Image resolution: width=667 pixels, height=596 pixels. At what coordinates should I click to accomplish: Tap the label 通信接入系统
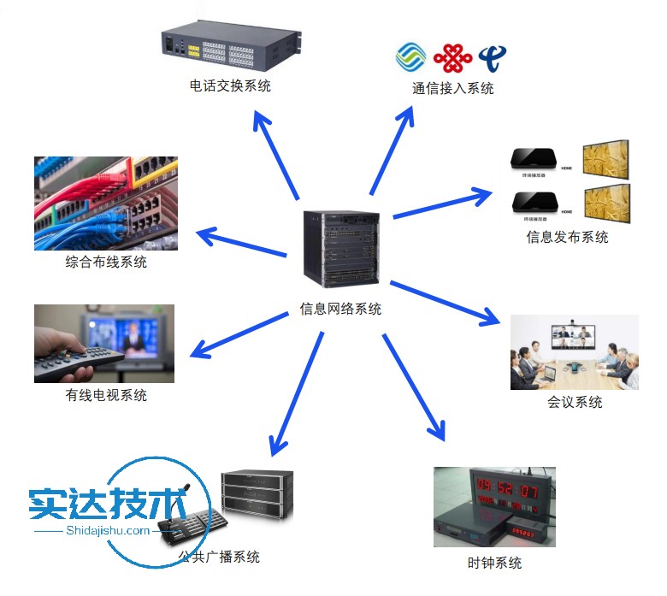[x=452, y=88]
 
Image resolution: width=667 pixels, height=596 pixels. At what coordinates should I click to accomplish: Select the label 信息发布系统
[x=567, y=237]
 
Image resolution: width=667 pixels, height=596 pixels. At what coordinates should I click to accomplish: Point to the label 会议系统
[x=575, y=402]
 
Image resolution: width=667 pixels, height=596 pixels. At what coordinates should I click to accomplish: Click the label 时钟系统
[x=494, y=563]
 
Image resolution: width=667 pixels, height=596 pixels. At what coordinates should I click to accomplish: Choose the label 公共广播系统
[x=219, y=557]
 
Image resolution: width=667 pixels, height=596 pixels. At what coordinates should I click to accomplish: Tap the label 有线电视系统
[x=106, y=395]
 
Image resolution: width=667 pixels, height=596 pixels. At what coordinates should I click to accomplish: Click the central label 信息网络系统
[x=340, y=309]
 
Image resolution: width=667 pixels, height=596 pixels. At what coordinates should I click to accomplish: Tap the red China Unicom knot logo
[x=452, y=56]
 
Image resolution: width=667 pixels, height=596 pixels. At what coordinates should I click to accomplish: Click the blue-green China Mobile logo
[x=411, y=56]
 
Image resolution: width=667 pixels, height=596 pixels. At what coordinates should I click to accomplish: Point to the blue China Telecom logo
[x=493, y=56]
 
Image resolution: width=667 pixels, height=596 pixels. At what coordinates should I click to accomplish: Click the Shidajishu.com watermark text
[x=108, y=530]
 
